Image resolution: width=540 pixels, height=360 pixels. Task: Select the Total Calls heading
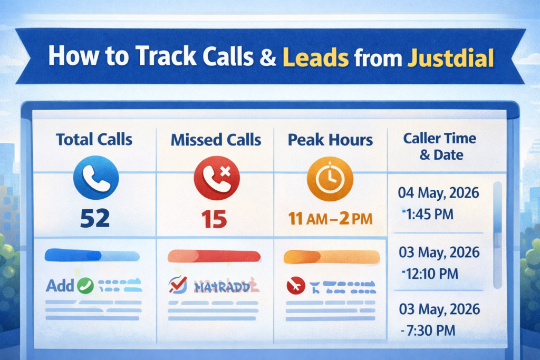[94, 140]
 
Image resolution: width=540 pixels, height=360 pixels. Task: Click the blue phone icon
[97, 178]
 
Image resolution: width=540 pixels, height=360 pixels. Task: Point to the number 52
[95, 217]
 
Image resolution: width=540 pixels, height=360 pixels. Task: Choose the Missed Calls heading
[216, 140]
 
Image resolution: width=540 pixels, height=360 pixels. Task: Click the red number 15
[214, 217]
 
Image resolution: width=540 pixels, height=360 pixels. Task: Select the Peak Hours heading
[331, 140]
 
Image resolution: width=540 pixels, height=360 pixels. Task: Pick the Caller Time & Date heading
[439, 147]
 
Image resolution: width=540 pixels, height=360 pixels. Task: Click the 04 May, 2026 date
[439, 193]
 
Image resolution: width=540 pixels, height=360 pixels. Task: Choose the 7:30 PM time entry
[430, 330]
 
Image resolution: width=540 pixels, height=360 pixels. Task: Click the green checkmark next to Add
[85, 286]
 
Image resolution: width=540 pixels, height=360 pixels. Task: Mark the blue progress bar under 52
[92, 256]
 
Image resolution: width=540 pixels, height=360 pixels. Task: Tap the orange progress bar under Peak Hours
[332, 257]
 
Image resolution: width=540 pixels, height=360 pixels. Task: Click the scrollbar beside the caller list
[496, 235]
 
